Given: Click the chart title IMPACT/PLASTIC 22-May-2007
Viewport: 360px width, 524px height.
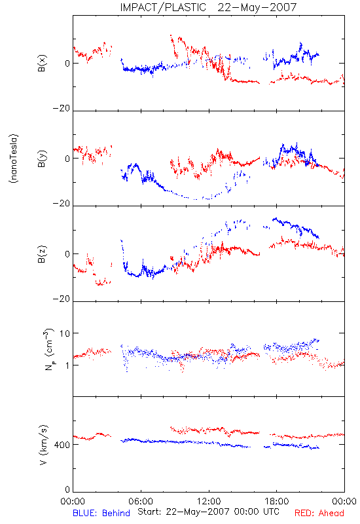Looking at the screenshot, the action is pyautogui.click(x=208, y=7).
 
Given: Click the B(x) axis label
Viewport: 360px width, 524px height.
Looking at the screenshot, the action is pyautogui.click(x=42, y=63).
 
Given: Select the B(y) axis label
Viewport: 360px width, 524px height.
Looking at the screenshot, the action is pyautogui.click(x=42, y=159).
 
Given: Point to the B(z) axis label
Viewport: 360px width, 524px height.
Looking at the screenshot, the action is pyautogui.click(x=42, y=254).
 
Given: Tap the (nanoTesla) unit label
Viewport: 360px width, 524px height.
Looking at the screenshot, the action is pyautogui.click(x=14, y=159).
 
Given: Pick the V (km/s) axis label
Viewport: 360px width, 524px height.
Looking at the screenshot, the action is pyautogui.click(x=43, y=445).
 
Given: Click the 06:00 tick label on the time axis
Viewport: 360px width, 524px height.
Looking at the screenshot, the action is pyautogui.click(x=141, y=501).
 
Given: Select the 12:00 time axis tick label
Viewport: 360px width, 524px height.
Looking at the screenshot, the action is pyautogui.click(x=209, y=501).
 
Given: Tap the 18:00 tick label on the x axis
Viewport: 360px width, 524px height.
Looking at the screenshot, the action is pyautogui.click(x=277, y=501).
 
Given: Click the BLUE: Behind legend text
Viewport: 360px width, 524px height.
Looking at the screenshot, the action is pyautogui.click(x=101, y=513).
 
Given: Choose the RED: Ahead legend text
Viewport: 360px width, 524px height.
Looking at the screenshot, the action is pyautogui.click(x=319, y=513).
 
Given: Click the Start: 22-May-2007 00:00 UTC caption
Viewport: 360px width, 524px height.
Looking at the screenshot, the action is pyautogui.click(x=208, y=512).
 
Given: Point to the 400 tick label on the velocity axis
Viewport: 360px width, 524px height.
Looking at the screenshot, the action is pyautogui.click(x=62, y=445).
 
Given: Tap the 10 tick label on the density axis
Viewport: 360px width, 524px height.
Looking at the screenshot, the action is pyautogui.click(x=65, y=333).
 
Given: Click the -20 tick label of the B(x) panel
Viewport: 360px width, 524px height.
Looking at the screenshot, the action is pyautogui.click(x=62, y=108).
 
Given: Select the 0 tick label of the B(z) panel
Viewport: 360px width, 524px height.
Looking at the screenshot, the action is pyautogui.click(x=67, y=254).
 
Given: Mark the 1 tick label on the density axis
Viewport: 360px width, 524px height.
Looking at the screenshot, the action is pyautogui.click(x=68, y=365).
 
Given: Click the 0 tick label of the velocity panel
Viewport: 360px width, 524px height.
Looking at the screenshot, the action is pyautogui.click(x=67, y=489).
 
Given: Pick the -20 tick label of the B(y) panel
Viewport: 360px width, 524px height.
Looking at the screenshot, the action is pyautogui.click(x=62, y=203).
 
